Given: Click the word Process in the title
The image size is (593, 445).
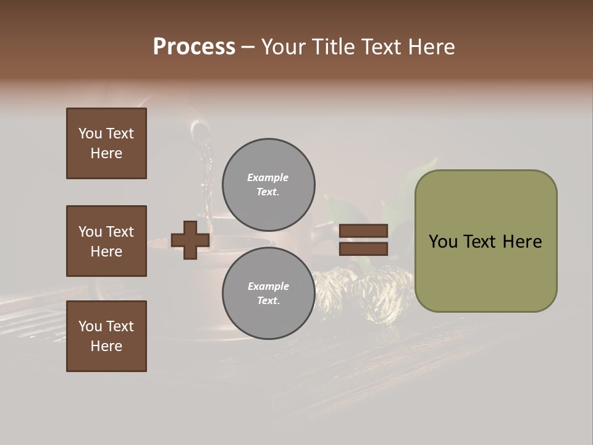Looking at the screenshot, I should click(x=194, y=47).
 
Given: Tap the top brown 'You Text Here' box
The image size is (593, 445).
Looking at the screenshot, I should click(x=106, y=143).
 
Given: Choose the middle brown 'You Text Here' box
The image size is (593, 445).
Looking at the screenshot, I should click(x=106, y=241).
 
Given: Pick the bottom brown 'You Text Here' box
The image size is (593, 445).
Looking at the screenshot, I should click(x=106, y=336).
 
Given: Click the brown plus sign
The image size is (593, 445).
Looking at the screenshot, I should click(x=190, y=240).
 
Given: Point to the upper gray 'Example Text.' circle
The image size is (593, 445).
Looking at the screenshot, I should click(x=268, y=185).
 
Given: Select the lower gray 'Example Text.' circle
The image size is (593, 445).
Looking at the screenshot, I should click(x=268, y=294).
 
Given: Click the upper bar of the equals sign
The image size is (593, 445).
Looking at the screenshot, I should click(x=363, y=231).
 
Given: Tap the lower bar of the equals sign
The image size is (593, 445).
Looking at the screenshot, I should click(x=363, y=248).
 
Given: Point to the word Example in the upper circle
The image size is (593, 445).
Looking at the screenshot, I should click(x=268, y=177).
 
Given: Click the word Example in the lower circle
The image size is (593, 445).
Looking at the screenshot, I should click(x=268, y=286).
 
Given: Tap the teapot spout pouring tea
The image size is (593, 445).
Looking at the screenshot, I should click(x=199, y=132).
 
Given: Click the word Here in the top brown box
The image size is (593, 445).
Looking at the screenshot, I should click(x=106, y=153).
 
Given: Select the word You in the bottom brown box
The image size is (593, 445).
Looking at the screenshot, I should click(x=90, y=326).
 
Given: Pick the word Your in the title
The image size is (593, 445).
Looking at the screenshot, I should click(x=284, y=47).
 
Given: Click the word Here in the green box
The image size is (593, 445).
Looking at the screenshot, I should click(x=523, y=242).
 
